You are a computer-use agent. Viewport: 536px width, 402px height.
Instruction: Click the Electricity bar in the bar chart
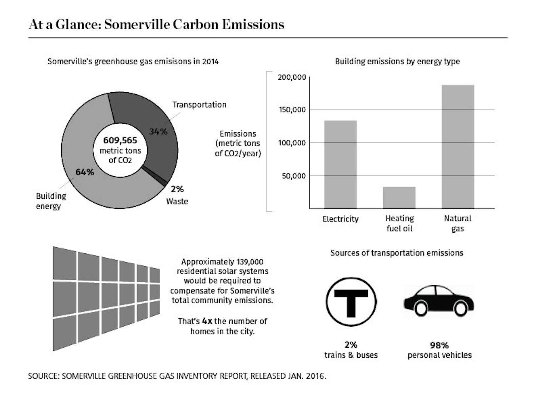pyautogui.click(x=340, y=164)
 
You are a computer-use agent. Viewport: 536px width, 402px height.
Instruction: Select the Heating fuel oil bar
pyautogui.click(x=399, y=198)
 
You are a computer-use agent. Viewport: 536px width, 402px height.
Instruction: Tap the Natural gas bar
pyautogui.click(x=458, y=147)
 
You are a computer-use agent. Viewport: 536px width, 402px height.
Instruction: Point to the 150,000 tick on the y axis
pyautogui.click(x=292, y=110)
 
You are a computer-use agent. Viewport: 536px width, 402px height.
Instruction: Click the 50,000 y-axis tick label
pyautogui.click(x=294, y=176)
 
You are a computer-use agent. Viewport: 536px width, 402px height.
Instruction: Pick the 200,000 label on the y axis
pyautogui.click(x=292, y=77)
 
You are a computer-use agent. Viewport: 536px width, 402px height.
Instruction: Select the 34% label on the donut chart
pyautogui.click(x=158, y=131)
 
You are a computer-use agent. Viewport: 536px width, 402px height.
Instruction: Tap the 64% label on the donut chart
pyautogui.click(x=85, y=172)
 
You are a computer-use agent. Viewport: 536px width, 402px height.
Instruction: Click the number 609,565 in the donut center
pyautogui.click(x=120, y=140)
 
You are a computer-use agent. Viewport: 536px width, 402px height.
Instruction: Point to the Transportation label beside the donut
pyautogui.click(x=199, y=105)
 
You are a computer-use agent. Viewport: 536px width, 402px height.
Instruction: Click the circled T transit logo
pyautogui.click(x=351, y=301)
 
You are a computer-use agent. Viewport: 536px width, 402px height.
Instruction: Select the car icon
pyautogui.click(x=439, y=301)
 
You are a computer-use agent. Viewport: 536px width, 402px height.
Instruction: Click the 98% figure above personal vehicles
pyautogui.click(x=439, y=345)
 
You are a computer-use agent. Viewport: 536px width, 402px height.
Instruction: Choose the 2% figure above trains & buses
pyautogui.click(x=351, y=345)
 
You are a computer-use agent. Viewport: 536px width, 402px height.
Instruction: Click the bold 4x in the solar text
pyautogui.click(x=207, y=321)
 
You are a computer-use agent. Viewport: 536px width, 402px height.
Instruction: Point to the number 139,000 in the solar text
pyautogui.click(x=250, y=262)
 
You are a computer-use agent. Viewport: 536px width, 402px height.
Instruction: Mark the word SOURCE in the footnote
pyautogui.click(x=43, y=376)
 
